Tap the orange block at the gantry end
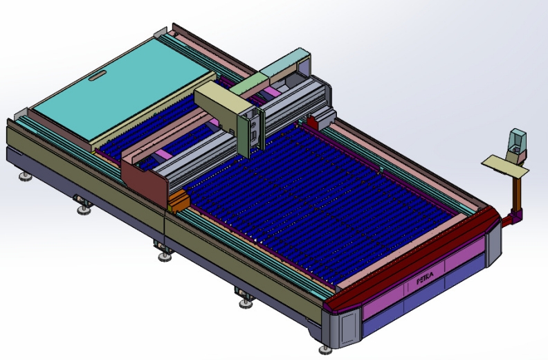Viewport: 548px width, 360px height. [x=178, y=201]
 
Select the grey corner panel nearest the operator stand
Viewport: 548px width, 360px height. [x=493, y=240]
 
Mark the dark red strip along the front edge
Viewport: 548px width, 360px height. [x=415, y=263]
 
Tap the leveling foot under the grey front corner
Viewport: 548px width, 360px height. [x=325, y=350]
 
